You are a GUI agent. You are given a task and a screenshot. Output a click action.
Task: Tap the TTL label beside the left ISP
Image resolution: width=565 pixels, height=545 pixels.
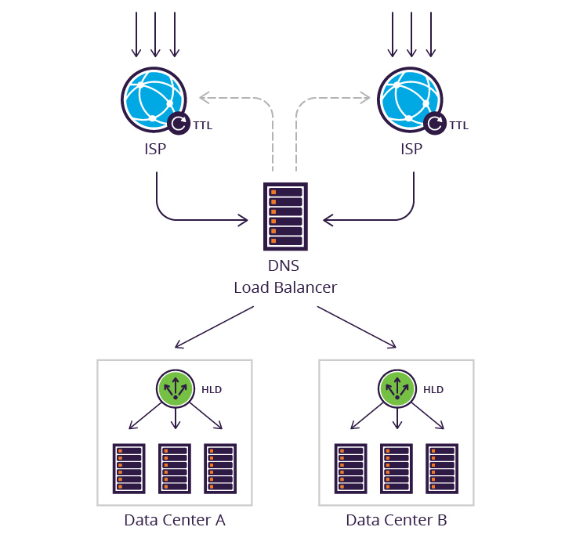(202, 125)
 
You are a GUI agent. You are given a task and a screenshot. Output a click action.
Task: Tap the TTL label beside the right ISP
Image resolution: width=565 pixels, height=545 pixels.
(458, 125)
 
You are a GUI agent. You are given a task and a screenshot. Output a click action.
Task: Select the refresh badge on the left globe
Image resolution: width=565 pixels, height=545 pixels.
(179, 124)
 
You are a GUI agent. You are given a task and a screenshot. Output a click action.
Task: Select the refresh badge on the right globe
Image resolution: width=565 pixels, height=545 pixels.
(436, 124)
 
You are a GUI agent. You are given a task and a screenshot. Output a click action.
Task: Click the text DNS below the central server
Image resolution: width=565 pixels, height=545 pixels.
(285, 266)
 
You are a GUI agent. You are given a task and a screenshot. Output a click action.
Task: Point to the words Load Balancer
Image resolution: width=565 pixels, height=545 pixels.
(285, 287)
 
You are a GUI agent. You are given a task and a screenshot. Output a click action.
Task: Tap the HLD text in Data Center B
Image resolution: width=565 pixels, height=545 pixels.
(433, 389)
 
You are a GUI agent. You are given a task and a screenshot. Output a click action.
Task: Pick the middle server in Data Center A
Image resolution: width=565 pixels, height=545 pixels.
(174, 467)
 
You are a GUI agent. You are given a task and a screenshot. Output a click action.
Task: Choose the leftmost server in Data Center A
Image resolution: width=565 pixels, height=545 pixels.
(129, 467)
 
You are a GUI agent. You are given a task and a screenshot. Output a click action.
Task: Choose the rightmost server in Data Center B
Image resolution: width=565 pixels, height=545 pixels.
(441, 467)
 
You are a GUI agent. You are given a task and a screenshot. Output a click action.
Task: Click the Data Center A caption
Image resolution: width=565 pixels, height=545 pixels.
(174, 520)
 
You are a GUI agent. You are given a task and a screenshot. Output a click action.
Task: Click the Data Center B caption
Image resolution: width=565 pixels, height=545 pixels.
(397, 520)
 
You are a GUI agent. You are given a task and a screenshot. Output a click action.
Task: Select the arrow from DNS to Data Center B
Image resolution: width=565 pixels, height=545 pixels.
(357, 327)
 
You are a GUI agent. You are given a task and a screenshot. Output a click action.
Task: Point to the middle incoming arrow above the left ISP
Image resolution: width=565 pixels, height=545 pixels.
(155, 35)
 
